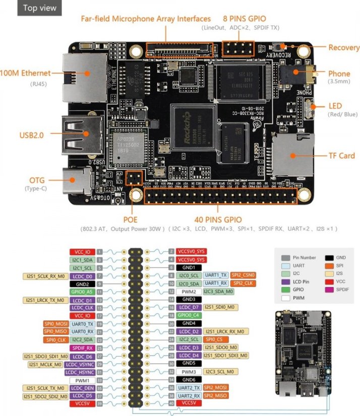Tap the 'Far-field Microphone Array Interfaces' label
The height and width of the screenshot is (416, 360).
146,19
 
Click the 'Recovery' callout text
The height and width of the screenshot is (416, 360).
343,47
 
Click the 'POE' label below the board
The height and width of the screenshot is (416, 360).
131,220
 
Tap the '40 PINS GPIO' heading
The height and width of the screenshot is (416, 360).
218,220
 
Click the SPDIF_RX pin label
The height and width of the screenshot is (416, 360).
82,348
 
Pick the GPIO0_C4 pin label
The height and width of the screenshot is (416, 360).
189,315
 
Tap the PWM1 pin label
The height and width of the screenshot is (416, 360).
82,380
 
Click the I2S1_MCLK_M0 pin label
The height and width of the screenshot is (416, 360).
45,364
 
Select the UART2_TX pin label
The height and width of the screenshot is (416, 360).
189,387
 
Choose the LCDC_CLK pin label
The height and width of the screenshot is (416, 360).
82,307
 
